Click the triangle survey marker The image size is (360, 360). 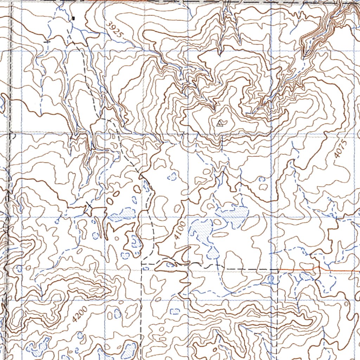click(220, 123)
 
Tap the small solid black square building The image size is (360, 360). click(73, 18)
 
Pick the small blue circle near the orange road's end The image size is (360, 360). click(271, 278)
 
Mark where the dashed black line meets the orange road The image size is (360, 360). click(278, 270)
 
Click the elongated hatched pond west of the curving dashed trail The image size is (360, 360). click(121, 215)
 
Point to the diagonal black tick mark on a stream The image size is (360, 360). click(89, 205)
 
